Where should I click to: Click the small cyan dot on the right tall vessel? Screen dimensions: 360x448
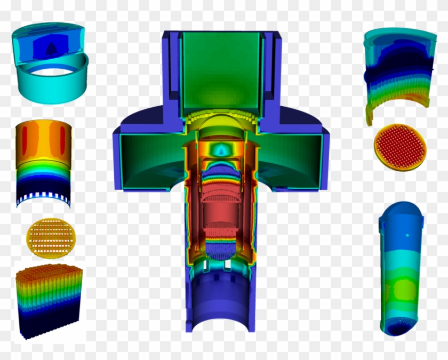click(408, 235)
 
